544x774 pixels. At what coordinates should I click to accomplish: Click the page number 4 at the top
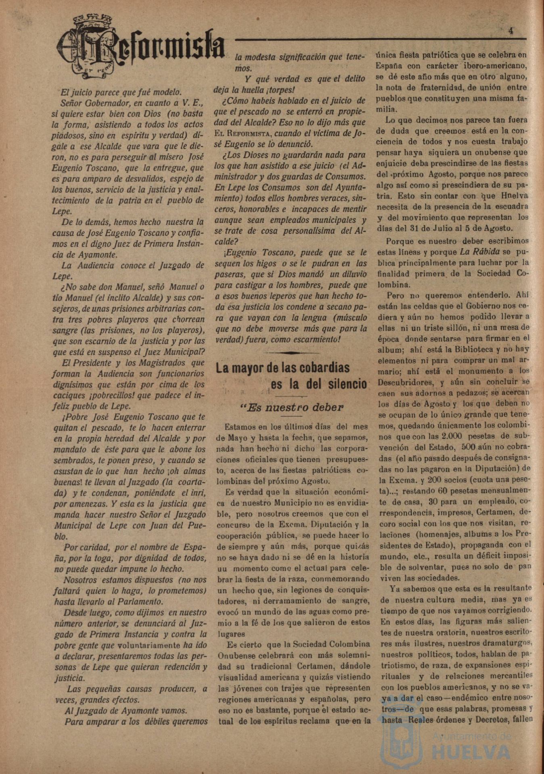511,31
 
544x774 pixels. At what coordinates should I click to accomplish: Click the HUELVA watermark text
471,752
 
